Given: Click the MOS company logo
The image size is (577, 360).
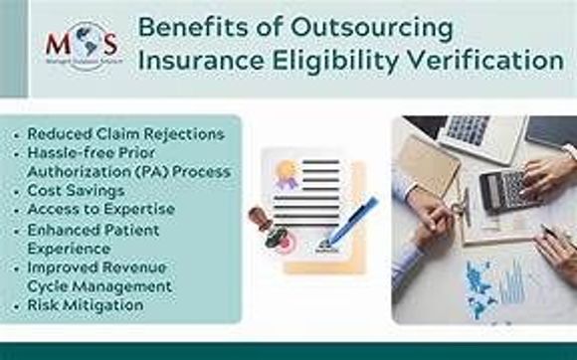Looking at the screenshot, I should (81, 45).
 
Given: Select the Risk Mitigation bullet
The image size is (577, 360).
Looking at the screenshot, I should (86, 304).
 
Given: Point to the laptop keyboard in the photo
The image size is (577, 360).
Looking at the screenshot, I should (469, 129).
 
